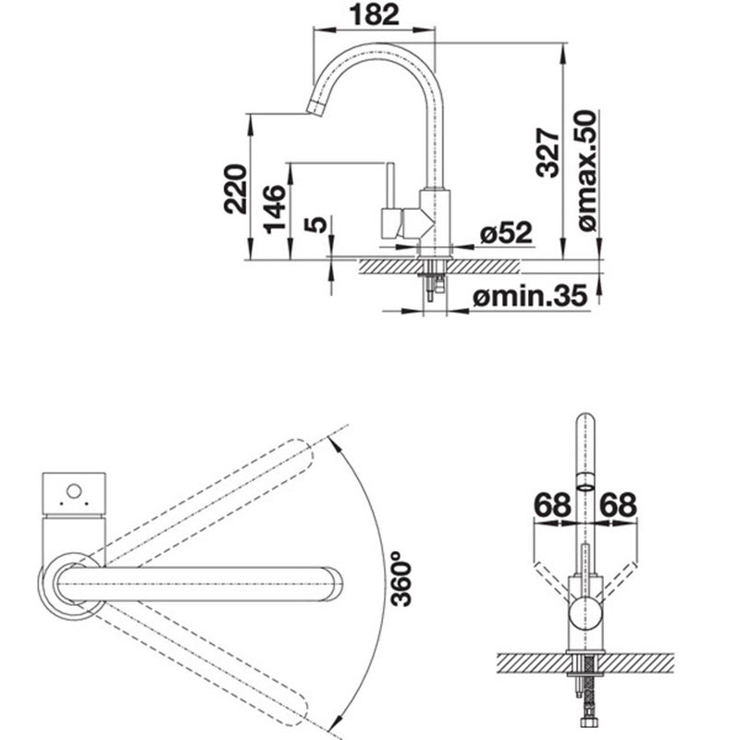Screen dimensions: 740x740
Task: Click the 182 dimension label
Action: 374,15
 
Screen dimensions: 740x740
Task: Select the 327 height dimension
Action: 548,152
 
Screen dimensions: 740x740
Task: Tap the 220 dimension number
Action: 236,189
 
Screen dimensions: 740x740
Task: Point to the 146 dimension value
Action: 275,210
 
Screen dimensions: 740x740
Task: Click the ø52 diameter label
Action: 506,233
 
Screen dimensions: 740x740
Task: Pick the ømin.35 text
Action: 530,296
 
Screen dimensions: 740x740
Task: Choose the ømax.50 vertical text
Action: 586,170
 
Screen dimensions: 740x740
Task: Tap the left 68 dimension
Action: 552,504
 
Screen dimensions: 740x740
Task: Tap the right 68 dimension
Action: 618,504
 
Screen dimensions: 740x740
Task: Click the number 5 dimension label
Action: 315,225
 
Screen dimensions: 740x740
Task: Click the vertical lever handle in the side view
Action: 390,186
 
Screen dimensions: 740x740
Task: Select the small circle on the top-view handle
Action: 74,491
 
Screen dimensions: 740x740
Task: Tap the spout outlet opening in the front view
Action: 586,487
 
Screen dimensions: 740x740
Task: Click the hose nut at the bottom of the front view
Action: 586,735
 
